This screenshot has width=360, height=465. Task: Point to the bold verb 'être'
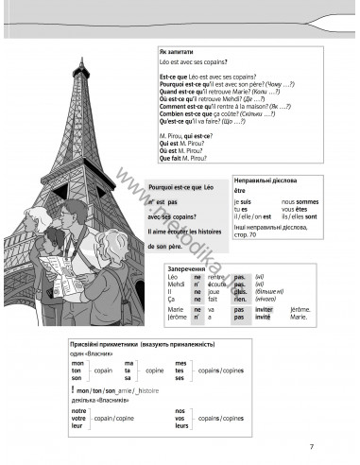238,191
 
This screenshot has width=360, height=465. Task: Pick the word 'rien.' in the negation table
240,299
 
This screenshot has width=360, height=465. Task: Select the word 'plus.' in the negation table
240,291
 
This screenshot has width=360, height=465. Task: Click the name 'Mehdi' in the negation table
176,284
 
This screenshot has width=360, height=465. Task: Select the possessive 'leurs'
180,426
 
